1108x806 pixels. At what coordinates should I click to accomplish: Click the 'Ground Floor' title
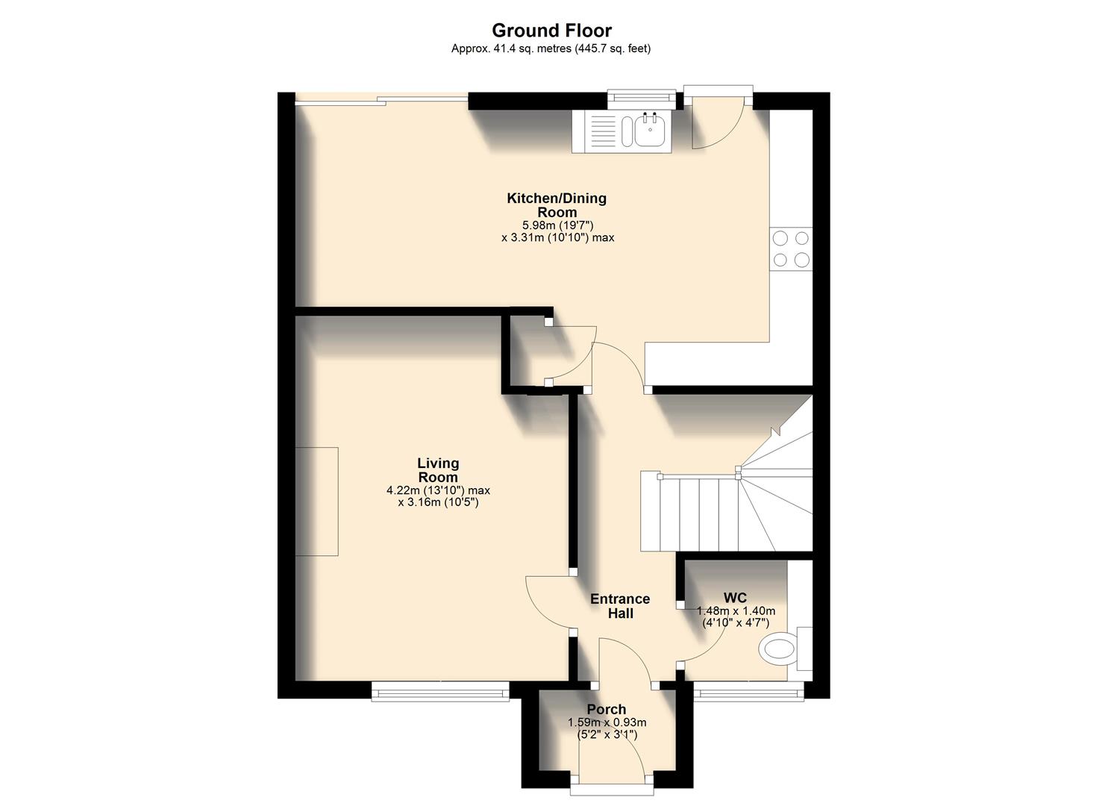tap(551, 31)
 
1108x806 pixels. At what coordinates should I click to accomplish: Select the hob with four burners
tap(791, 249)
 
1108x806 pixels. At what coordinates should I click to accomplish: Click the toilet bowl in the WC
tap(777, 648)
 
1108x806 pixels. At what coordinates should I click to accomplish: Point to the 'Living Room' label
tap(438, 470)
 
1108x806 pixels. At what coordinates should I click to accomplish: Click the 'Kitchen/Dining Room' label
tap(557, 205)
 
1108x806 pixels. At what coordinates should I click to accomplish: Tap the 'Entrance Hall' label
tap(620, 606)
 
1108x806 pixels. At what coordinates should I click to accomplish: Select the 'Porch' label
tap(606, 709)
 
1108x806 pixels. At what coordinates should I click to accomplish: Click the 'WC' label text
tap(735, 598)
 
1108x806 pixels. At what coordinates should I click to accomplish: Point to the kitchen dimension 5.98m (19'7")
tap(557, 225)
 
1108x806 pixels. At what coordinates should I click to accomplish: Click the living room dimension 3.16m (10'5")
tap(438, 502)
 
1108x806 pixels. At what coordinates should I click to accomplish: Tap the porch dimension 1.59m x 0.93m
tap(607, 722)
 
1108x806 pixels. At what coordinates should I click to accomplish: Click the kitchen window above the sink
tap(641, 96)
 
